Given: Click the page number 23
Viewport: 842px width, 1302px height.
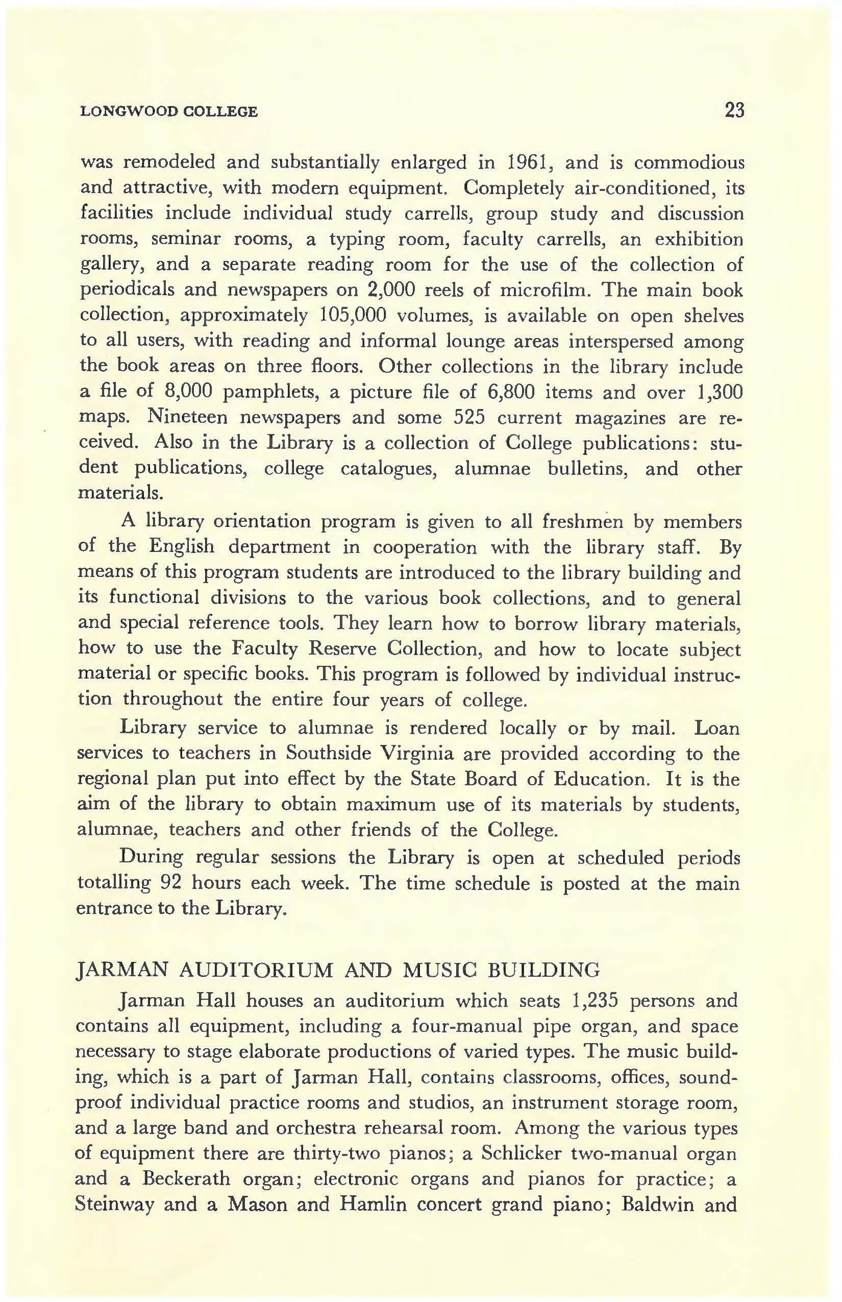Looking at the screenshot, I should coord(734,111).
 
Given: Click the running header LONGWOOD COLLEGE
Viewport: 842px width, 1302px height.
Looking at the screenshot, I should coord(169,112).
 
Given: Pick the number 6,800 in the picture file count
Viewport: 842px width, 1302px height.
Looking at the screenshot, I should coord(510,392).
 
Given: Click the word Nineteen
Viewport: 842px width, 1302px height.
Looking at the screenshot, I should coord(187,418).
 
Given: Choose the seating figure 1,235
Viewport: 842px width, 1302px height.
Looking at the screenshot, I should coord(593,1001).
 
